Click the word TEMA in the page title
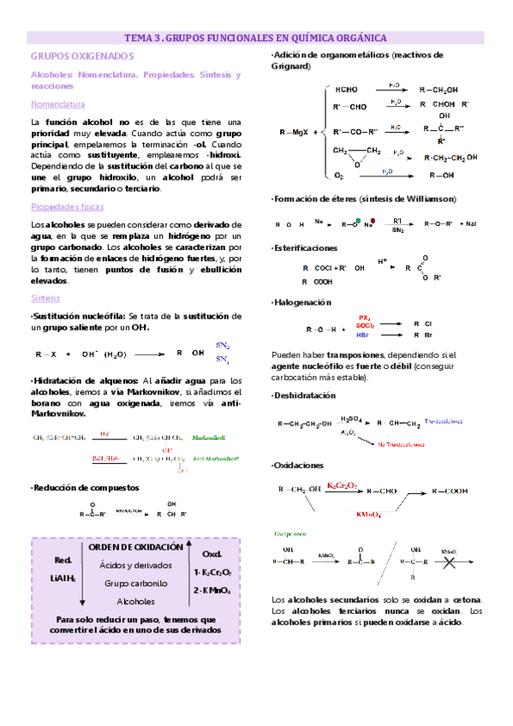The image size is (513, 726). tap(138, 38)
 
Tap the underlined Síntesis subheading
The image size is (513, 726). tap(45, 299)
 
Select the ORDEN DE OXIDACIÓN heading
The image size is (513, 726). tap(136, 546)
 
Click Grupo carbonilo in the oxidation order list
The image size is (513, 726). tap(135, 583)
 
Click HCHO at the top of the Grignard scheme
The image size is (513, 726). tap(347, 89)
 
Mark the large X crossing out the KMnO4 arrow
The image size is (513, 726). tap(449, 562)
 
